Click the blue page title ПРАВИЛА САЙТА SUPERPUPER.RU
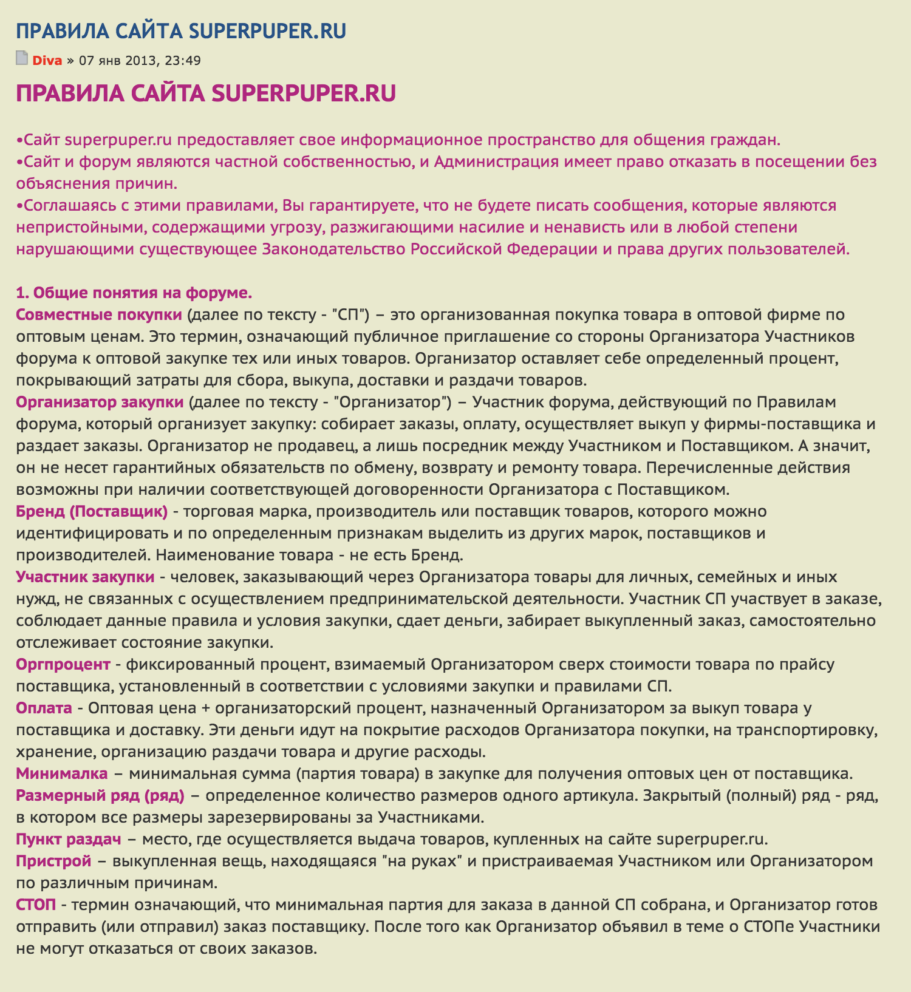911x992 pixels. pyautogui.click(x=181, y=31)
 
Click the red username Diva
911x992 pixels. pyautogui.click(x=47, y=61)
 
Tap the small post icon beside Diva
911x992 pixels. pyautogui.click(x=22, y=59)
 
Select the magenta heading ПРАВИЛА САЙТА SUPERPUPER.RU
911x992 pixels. pyautogui.click(x=206, y=93)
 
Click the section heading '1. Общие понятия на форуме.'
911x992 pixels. pyautogui.click(x=134, y=293)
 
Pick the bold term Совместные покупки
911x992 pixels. pyautogui.click(x=99, y=314)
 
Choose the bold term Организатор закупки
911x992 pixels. pyautogui.click(x=100, y=402)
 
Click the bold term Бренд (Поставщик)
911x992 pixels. pyautogui.click(x=92, y=511)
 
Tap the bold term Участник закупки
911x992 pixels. pyautogui.click(x=85, y=577)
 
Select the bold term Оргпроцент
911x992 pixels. pyautogui.click(x=63, y=664)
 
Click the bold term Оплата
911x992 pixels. pyautogui.click(x=44, y=708)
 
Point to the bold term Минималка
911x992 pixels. pyautogui.click(x=62, y=773)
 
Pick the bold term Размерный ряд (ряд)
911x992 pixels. pyautogui.click(x=100, y=795)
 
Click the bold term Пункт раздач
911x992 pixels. pyautogui.click(x=69, y=839)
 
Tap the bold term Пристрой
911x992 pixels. pyautogui.click(x=53, y=861)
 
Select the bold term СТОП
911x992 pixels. pyautogui.click(x=36, y=905)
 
